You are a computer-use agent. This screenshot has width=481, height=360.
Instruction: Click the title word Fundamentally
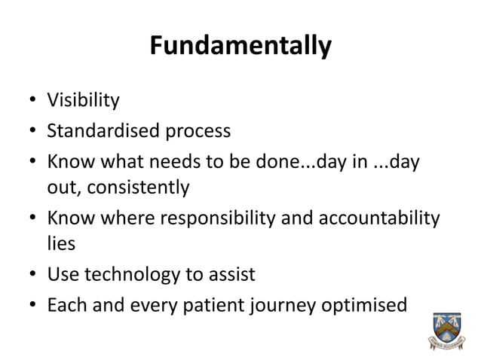point(240,47)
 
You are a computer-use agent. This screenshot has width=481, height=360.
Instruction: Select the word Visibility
point(83,100)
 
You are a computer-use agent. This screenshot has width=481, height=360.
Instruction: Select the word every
point(153,307)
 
